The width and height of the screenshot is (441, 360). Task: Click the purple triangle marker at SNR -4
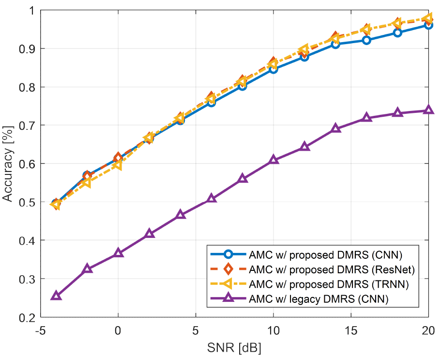point(56,296)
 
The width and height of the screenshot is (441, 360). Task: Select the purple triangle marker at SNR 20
point(428,110)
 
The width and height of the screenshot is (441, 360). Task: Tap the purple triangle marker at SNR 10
point(274,159)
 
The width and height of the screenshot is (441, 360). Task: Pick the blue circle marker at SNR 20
point(428,25)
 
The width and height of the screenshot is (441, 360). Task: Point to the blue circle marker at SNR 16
point(366,40)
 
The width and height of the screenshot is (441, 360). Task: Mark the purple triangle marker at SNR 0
point(118,253)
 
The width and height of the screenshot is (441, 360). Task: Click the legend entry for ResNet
point(332,268)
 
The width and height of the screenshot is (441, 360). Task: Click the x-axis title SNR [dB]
point(234,348)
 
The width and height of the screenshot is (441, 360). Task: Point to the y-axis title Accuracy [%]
point(8,163)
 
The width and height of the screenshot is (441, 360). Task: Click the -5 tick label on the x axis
point(41,330)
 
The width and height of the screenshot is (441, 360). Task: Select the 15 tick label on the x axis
point(350,330)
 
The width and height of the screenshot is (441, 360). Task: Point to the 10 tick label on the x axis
point(273,330)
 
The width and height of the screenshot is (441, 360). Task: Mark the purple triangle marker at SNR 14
point(335,128)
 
